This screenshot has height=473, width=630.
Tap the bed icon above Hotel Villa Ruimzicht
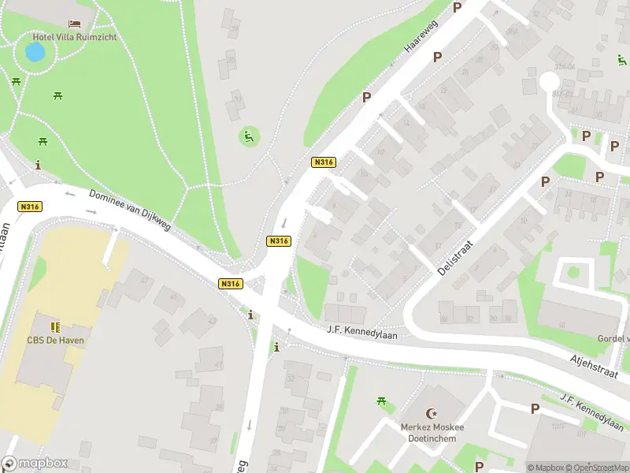tap(75, 24)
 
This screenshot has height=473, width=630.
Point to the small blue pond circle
tap(35, 53)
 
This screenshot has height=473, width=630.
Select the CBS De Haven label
tap(55, 340)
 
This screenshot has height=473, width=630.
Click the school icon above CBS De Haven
tap(55, 326)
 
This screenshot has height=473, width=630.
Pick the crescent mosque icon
tap(431, 413)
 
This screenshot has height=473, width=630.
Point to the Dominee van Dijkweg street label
tap(129, 210)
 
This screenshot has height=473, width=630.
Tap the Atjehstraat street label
tap(597, 369)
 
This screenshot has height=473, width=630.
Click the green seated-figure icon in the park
tap(249, 136)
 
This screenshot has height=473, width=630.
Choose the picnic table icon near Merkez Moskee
tap(382, 402)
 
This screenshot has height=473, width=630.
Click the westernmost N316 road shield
tap(29, 207)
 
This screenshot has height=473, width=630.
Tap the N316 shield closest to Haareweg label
tap(324, 162)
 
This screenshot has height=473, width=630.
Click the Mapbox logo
tap(35, 464)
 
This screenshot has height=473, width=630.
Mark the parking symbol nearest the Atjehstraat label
tap(535, 408)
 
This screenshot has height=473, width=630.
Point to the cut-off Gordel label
tap(614, 338)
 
